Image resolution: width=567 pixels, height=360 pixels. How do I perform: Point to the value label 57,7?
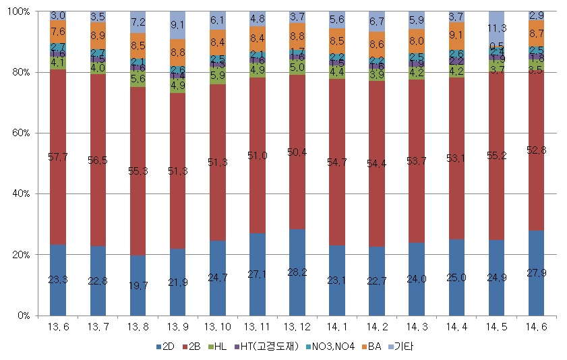58,157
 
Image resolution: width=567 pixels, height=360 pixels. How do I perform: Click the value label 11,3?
496,28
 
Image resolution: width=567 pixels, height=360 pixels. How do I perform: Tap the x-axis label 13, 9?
177,329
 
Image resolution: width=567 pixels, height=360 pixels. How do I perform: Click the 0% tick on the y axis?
24,316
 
